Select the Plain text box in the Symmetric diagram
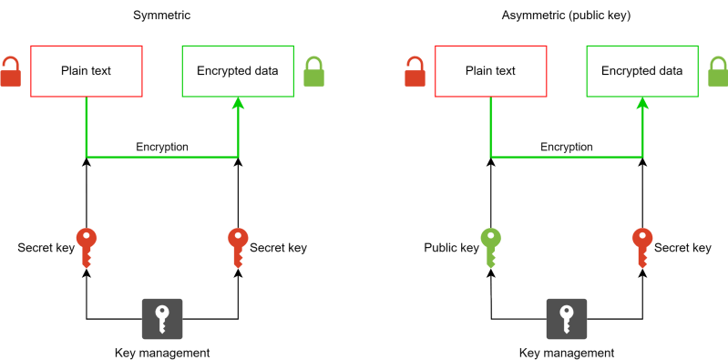coord(87,71)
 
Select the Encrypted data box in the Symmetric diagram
coord(238,71)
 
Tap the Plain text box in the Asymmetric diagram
coord(491,71)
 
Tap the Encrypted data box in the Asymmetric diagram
coord(641,71)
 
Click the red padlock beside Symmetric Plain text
coord(9,72)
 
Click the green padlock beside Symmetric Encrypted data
coord(313,72)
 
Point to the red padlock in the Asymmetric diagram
coord(415,72)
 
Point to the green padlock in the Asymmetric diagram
coord(718,72)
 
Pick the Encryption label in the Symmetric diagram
coord(162,147)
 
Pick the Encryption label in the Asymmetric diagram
coord(567,147)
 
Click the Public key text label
coord(451,248)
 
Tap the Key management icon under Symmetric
coord(162,319)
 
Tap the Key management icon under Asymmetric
coord(567,319)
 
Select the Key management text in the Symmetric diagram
coord(162,353)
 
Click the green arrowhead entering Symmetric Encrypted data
coord(238,105)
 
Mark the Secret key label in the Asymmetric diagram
coord(683,248)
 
